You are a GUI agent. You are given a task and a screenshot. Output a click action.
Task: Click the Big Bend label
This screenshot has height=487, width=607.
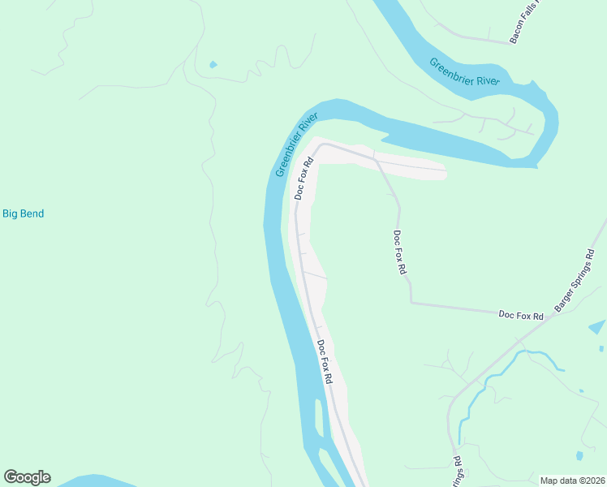[23, 214]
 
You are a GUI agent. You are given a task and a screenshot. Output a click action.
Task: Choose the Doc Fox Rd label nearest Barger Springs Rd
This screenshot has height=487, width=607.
[520, 315]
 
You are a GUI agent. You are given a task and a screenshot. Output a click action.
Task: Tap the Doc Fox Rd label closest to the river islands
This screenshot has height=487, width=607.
[325, 362]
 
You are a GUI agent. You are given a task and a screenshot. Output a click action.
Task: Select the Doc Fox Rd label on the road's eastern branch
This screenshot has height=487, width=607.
[398, 253]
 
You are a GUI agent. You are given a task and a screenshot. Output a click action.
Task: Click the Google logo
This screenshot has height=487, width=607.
[27, 477]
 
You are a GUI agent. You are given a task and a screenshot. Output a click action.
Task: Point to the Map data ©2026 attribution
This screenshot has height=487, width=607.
[572, 481]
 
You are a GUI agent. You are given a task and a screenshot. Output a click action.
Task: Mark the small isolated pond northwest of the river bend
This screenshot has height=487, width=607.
[213, 64]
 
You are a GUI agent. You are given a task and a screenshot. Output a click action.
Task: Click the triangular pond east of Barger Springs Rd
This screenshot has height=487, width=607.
[596, 327]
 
